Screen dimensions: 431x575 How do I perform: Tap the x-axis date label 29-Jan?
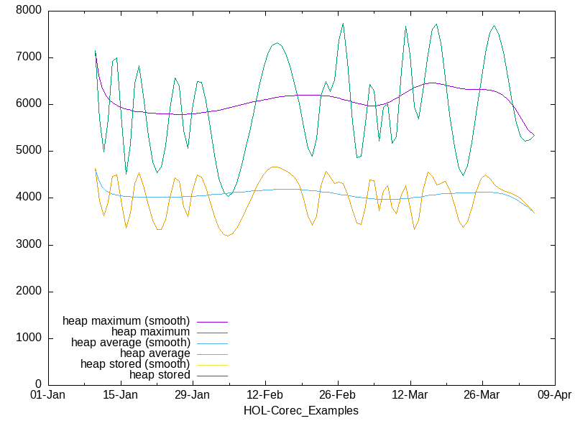pyautogui.click(x=193, y=396)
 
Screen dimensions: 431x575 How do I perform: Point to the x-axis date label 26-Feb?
pyautogui.click(x=337, y=396)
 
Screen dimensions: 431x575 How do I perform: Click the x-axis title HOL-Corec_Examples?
pyautogui.click(x=301, y=411)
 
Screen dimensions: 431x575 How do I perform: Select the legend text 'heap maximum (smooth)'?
pyautogui.click(x=126, y=320)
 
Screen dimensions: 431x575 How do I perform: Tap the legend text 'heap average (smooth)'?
pyautogui.click(x=130, y=342)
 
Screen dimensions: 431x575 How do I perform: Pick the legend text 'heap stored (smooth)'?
pyautogui.click(x=135, y=363)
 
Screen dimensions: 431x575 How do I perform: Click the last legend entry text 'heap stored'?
pyautogui.click(x=160, y=374)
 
